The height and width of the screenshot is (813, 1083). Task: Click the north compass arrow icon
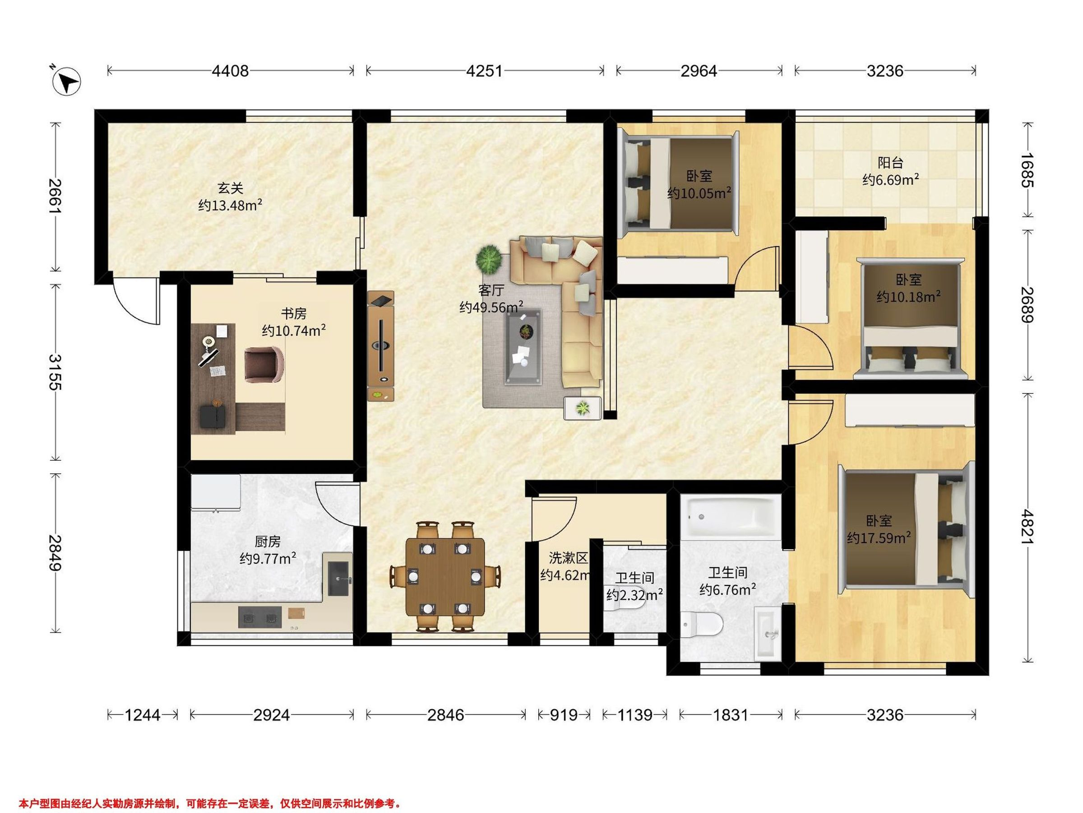pos(68,80)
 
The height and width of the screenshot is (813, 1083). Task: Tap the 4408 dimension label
pos(230,71)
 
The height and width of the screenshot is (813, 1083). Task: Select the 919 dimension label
pos(564,715)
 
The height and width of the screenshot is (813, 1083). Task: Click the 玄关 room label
pos(230,188)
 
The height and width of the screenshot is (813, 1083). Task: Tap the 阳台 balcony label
pos(890,162)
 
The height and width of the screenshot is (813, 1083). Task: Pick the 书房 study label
pos(294,313)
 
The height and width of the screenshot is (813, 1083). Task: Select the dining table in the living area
pos(445,577)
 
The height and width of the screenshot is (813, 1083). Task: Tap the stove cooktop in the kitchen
pos(260,617)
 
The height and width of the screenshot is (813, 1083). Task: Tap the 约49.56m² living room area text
pos(491,307)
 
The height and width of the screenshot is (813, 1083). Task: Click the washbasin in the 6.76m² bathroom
pos(769,633)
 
